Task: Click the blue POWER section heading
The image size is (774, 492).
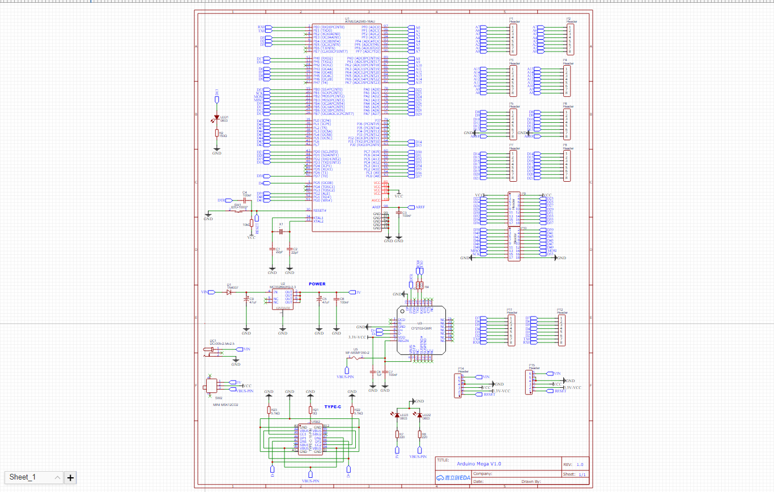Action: [317, 284]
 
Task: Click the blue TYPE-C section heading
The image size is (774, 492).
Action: [333, 407]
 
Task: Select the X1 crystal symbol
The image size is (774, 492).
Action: [280, 232]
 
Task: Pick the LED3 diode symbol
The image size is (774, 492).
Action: [397, 416]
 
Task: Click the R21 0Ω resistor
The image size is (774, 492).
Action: [310, 410]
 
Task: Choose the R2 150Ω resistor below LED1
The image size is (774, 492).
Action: [216, 134]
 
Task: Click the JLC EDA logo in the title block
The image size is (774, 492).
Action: [453, 478]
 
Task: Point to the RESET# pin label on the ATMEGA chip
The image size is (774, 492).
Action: [321, 210]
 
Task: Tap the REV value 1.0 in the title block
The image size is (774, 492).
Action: [580, 464]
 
